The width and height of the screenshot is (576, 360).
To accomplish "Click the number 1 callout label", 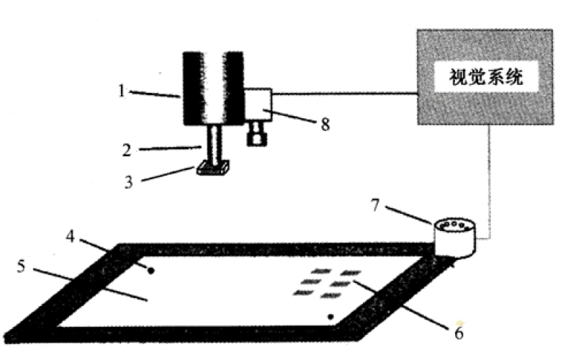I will pos(123,91).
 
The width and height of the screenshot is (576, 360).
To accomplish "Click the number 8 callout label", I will pos(325,124).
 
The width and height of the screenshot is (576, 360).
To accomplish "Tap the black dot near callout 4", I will pos(150,271).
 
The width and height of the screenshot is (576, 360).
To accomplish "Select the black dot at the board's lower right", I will pos(330,317).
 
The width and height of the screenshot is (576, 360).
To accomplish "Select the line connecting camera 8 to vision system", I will pos(346,93).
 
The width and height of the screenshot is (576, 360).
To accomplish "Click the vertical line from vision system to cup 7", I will pos(490,180).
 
